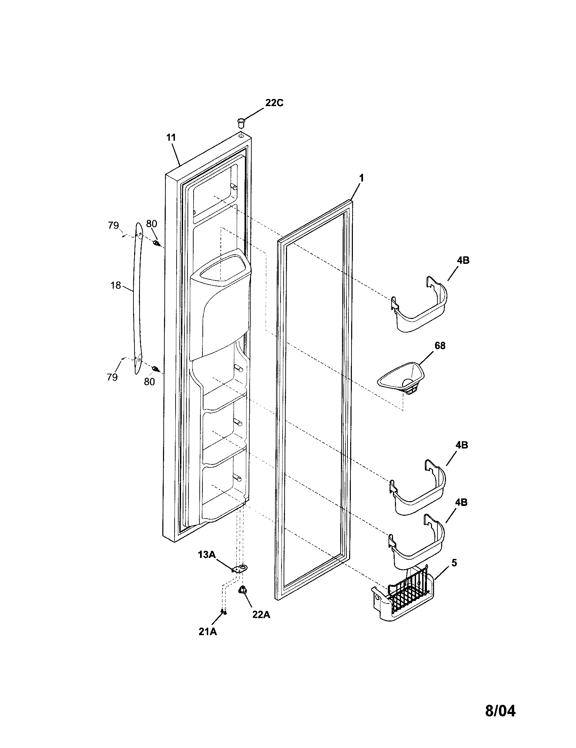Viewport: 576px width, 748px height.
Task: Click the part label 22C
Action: [274, 103]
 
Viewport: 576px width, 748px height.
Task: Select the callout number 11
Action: [171, 138]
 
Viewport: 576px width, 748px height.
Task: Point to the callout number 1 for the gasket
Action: [361, 178]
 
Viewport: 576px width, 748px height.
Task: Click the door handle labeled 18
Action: [138, 298]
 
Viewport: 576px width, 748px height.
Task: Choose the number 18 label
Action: [116, 285]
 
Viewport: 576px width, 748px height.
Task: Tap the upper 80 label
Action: [151, 224]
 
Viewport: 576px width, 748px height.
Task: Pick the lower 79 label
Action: [112, 377]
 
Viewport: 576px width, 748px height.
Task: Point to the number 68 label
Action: [440, 345]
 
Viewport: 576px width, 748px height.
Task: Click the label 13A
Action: [206, 554]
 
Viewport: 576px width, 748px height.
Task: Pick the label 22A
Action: [261, 615]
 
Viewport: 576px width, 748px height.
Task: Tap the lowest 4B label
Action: [461, 503]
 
